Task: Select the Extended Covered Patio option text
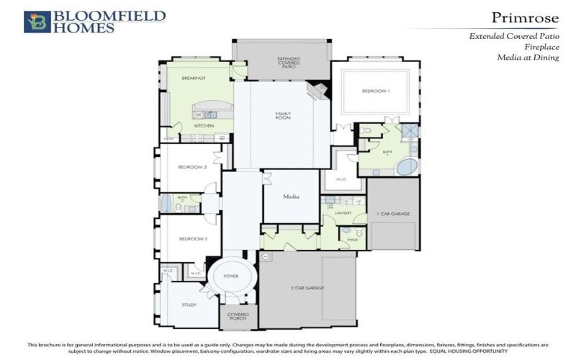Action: [513, 35]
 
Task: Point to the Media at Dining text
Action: [528, 58]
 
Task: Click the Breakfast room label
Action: [194, 78]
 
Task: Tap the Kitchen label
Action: [204, 126]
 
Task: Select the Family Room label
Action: [283, 115]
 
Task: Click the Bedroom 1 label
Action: [375, 91]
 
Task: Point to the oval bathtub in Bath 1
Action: [407, 167]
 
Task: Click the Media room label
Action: [291, 196]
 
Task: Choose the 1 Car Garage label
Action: [392, 214]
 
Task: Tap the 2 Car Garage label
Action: [307, 288]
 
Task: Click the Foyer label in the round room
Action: [230, 276]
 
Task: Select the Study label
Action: [189, 305]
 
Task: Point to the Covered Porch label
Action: [238, 317]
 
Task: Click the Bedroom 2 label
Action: [193, 238]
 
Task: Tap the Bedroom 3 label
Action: [193, 168]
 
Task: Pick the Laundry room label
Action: [343, 213]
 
